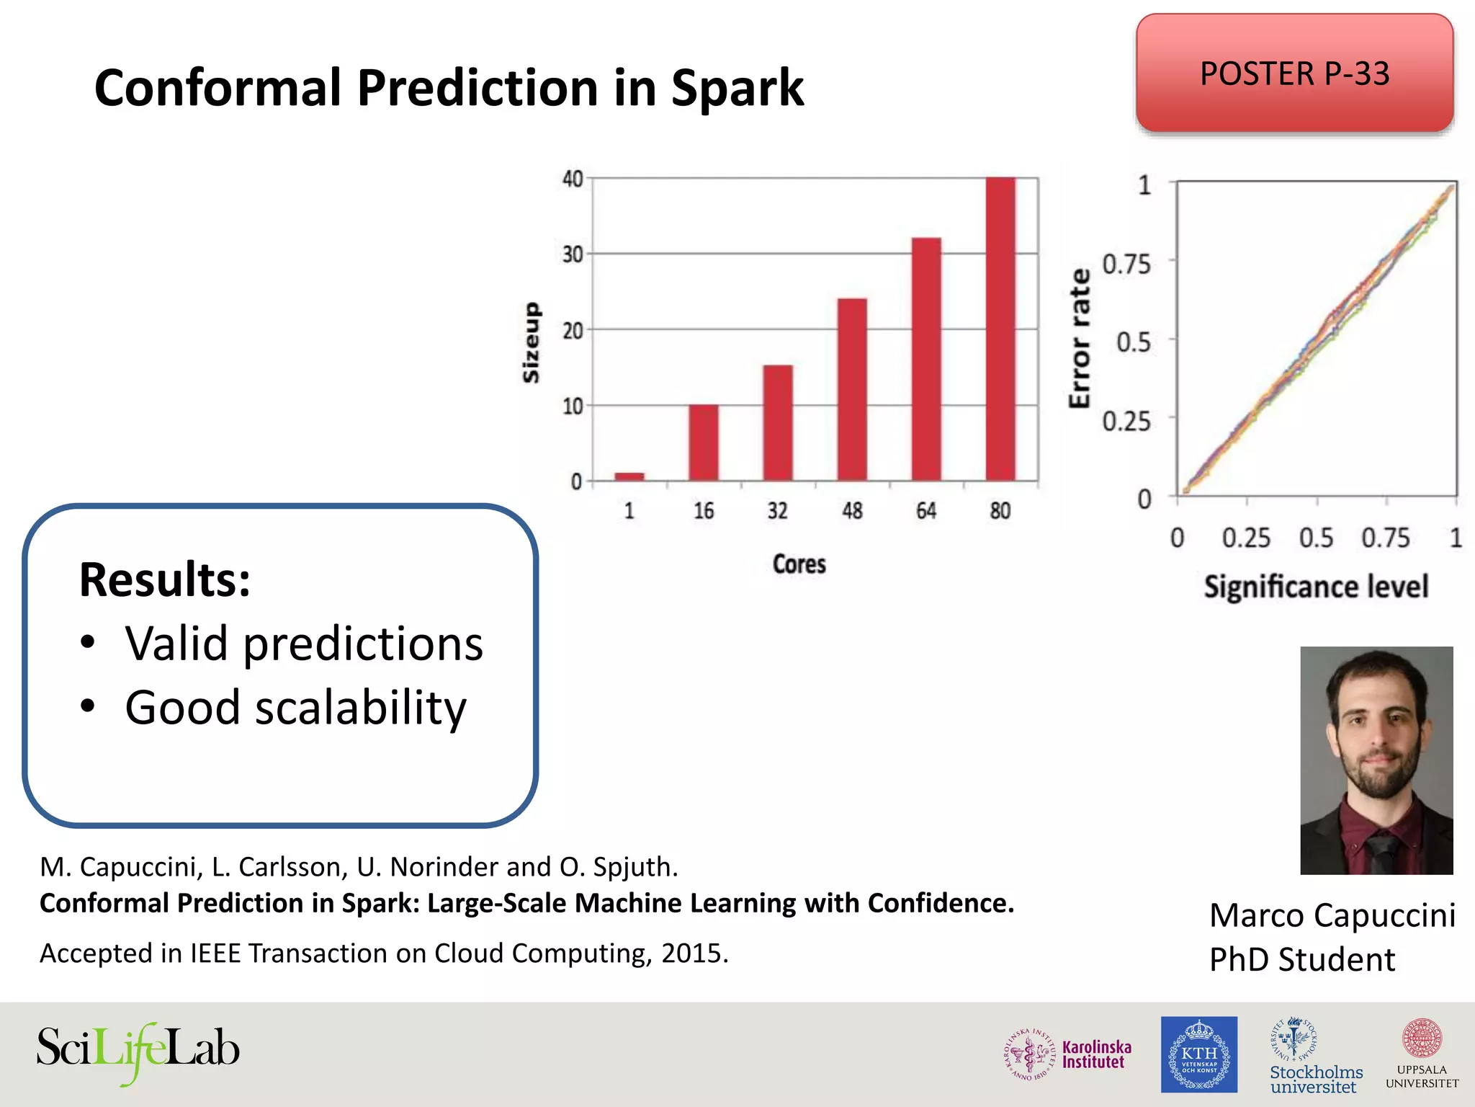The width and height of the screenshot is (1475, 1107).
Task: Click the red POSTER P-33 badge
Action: [1294, 74]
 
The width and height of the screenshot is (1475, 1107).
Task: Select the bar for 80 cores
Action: [1000, 329]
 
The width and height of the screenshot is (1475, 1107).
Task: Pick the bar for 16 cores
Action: [703, 443]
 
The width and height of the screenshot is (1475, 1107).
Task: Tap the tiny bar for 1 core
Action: [629, 476]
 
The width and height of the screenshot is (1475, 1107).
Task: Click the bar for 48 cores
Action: [852, 389]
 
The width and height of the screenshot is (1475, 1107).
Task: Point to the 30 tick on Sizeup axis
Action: [573, 254]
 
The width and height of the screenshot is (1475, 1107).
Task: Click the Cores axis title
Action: [799, 564]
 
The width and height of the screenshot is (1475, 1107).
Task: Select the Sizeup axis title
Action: [531, 342]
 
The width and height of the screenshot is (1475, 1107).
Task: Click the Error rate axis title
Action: [1080, 339]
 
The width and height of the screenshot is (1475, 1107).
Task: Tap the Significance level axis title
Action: [1316, 587]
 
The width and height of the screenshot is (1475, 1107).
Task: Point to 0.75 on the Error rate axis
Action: [1126, 264]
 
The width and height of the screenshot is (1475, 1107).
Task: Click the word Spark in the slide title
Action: [737, 89]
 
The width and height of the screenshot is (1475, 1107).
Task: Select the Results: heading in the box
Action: [165, 579]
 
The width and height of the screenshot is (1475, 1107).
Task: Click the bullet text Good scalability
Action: [295, 707]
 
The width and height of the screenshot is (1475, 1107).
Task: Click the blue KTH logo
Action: [1198, 1054]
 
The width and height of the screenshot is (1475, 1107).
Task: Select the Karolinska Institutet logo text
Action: [1096, 1054]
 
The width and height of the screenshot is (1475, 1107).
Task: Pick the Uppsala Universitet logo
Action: [1422, 1054]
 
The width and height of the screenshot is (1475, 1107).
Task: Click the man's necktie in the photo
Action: [1379, 855]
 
